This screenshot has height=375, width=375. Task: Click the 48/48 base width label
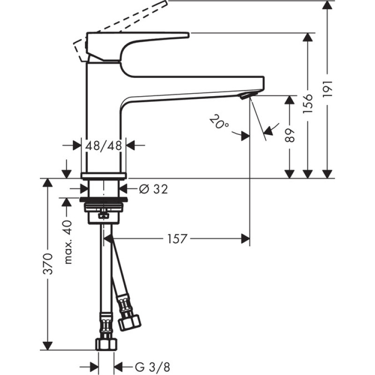[104, 145]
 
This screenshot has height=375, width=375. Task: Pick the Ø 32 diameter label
[153, 189]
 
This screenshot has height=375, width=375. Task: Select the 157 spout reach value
[177, 239]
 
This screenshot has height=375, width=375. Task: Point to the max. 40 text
[68, 242]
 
